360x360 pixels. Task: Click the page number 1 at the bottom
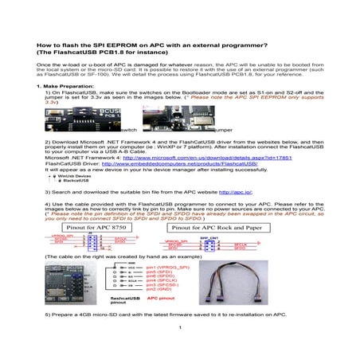tap(180, 328)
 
